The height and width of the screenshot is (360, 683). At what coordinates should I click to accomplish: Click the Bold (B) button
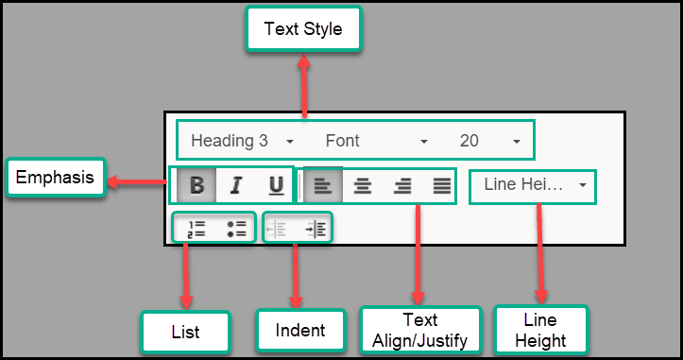tap(196, 185)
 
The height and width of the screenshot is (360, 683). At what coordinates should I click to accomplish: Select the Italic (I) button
tap(236, 185)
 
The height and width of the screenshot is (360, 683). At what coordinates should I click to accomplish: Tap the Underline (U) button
tap(276, 185)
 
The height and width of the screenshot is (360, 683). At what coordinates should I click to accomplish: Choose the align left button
tap(322, 185)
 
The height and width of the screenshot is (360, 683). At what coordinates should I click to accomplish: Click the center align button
tap(362, 185)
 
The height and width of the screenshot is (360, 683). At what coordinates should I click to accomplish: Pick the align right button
tap(402, 185)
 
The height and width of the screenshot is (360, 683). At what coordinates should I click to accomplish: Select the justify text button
tap(441, 185)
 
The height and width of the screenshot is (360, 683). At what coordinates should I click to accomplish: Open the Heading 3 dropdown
tap(242, 141)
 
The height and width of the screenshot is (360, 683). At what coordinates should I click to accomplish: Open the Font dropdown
tap(376, 141)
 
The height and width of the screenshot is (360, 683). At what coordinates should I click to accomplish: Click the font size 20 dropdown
tap(489, 141)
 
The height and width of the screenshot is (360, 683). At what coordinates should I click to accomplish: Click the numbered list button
tap(196, 228)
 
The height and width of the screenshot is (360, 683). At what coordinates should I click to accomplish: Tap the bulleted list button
tap(236, 228)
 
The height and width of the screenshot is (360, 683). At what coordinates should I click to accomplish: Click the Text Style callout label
tap(303, 29)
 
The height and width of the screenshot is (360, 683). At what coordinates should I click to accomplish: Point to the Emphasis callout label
tap(54, 177)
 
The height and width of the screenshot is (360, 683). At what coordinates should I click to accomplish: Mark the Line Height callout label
tap(541, 330)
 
